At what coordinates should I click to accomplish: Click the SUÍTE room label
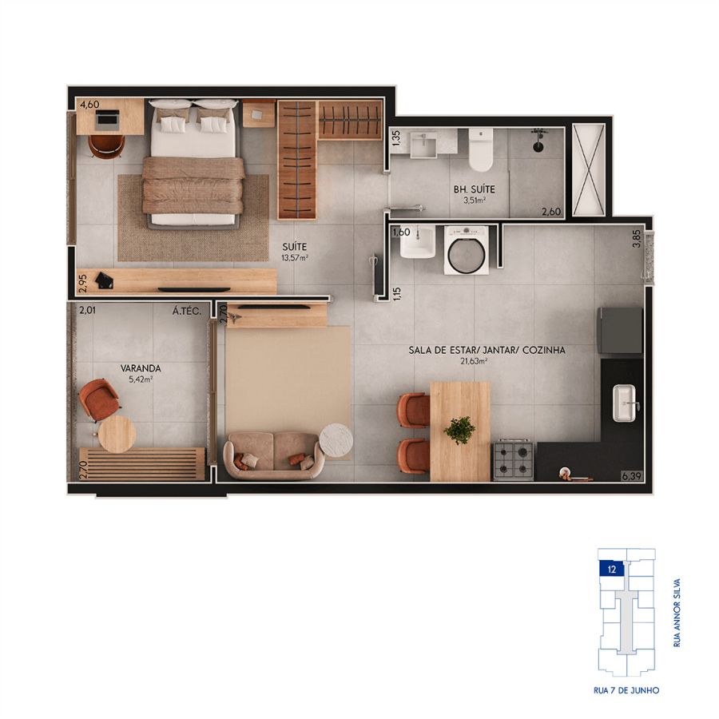[294, 247]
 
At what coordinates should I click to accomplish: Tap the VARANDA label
[141, 368]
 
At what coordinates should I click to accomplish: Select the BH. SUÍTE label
[474, 189]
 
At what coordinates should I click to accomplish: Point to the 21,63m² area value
[474, 361]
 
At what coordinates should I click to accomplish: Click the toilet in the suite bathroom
[481, 149]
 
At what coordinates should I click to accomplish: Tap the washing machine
[467, 250]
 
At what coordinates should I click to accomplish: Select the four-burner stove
[513, 461]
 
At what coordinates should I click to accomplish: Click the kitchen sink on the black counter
[626, 403]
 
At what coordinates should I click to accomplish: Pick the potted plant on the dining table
[459, 430]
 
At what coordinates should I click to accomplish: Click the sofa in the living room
[274, 455]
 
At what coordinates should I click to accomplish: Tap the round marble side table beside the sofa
[336, 441]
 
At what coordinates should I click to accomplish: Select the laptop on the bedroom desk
[107, 118]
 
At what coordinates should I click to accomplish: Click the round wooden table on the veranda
[117, 434]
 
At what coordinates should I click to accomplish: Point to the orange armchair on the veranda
[98, 399]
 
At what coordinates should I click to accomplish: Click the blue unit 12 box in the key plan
[611, 570]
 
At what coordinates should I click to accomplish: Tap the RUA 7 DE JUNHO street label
[626, 690]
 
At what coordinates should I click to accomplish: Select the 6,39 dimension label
[631, 476]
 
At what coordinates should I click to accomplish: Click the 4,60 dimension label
[89, 105]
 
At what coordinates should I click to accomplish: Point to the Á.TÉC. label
[187, 312]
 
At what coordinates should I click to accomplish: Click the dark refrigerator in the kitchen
[619, 330]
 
